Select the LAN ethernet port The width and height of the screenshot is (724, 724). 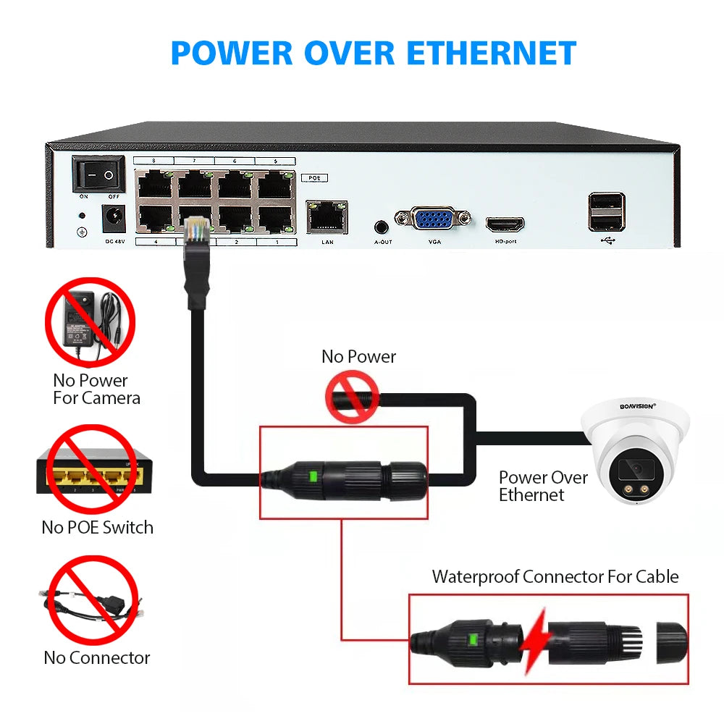point(326,216)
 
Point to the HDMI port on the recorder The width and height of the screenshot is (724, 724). point(505,224)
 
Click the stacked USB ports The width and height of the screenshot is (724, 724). point(606,211)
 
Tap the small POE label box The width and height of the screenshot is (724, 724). point(313,177)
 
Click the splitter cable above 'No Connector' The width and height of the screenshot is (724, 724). point(90,604)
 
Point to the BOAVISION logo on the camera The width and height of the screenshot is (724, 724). point(637,407)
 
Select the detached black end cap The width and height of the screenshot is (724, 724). point(672,639)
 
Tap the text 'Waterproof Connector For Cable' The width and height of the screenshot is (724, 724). point(555,577)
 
